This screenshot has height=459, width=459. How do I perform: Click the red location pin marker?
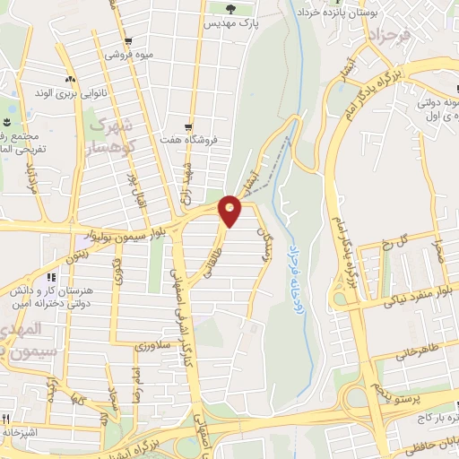pos(231,211)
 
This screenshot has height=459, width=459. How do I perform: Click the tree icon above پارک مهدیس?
pos(231,9)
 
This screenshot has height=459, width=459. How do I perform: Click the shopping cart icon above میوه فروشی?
pos(131,41)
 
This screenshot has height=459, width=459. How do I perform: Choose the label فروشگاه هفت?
pos(193,141)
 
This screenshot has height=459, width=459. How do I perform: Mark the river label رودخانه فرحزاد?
pos(295,265)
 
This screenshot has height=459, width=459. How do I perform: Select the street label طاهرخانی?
pos(419,352)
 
